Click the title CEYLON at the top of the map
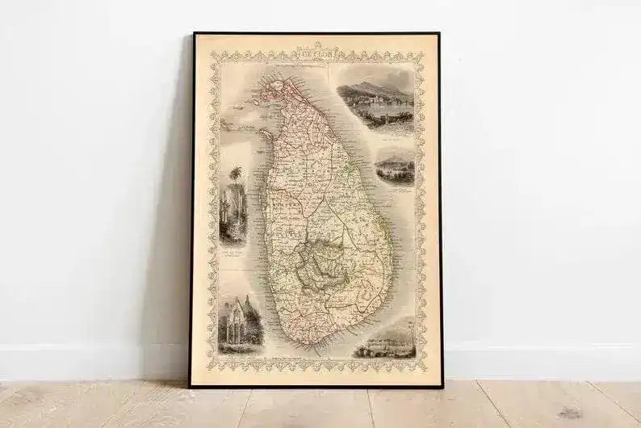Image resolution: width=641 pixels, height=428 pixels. tap(317, 48)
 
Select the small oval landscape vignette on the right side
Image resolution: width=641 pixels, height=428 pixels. tap(395, 170)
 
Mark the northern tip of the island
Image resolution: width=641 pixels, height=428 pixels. tap(274, 75)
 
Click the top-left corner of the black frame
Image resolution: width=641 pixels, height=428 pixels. tap(194, 34)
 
